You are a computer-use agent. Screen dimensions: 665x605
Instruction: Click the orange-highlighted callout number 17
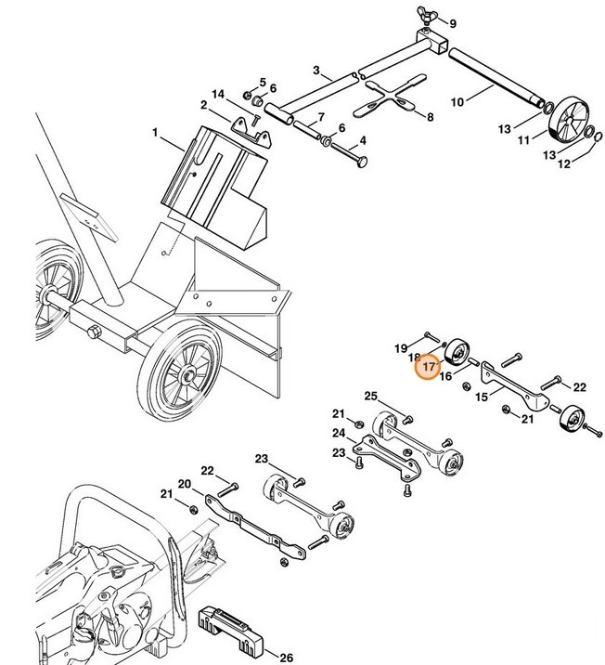coord(427,369)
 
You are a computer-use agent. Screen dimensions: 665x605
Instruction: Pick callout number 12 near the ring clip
coord(563,164)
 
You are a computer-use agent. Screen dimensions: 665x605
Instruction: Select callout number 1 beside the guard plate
coord(156,134)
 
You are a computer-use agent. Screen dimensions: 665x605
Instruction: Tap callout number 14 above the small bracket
coord(218,94)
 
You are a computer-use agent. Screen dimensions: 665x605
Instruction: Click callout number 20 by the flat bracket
coord(184,484)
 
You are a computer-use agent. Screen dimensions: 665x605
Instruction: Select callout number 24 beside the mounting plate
coord(339,433)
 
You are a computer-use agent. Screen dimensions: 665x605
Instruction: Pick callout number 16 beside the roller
coord(445,376)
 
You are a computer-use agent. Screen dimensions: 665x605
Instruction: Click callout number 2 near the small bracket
coord(203,105)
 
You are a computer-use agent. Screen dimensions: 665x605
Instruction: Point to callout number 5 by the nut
coord(262,82)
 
